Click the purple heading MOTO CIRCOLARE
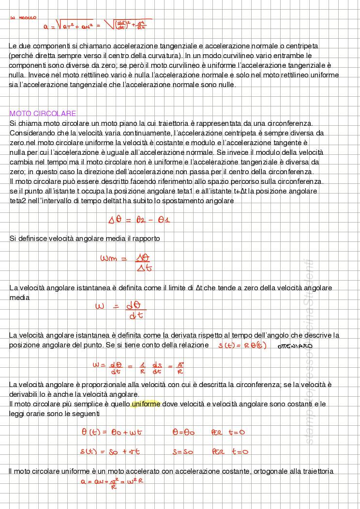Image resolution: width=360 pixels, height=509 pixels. [x=43, y=114]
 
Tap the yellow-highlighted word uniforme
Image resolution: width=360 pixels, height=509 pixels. [x=146, y=404]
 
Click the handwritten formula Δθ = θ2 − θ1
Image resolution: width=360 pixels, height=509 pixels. [x=139, y=220]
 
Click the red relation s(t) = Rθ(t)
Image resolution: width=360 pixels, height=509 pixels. [x=242, y=345]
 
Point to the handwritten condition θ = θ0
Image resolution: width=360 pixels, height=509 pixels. [x=183, y=432]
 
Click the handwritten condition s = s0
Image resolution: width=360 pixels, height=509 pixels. [x=183, y=452]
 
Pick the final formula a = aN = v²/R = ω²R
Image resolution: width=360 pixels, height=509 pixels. [x=112, y=482]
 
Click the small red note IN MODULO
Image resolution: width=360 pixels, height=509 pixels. [x=23, y=18]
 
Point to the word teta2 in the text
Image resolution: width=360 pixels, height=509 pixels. [x=18, y=201]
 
